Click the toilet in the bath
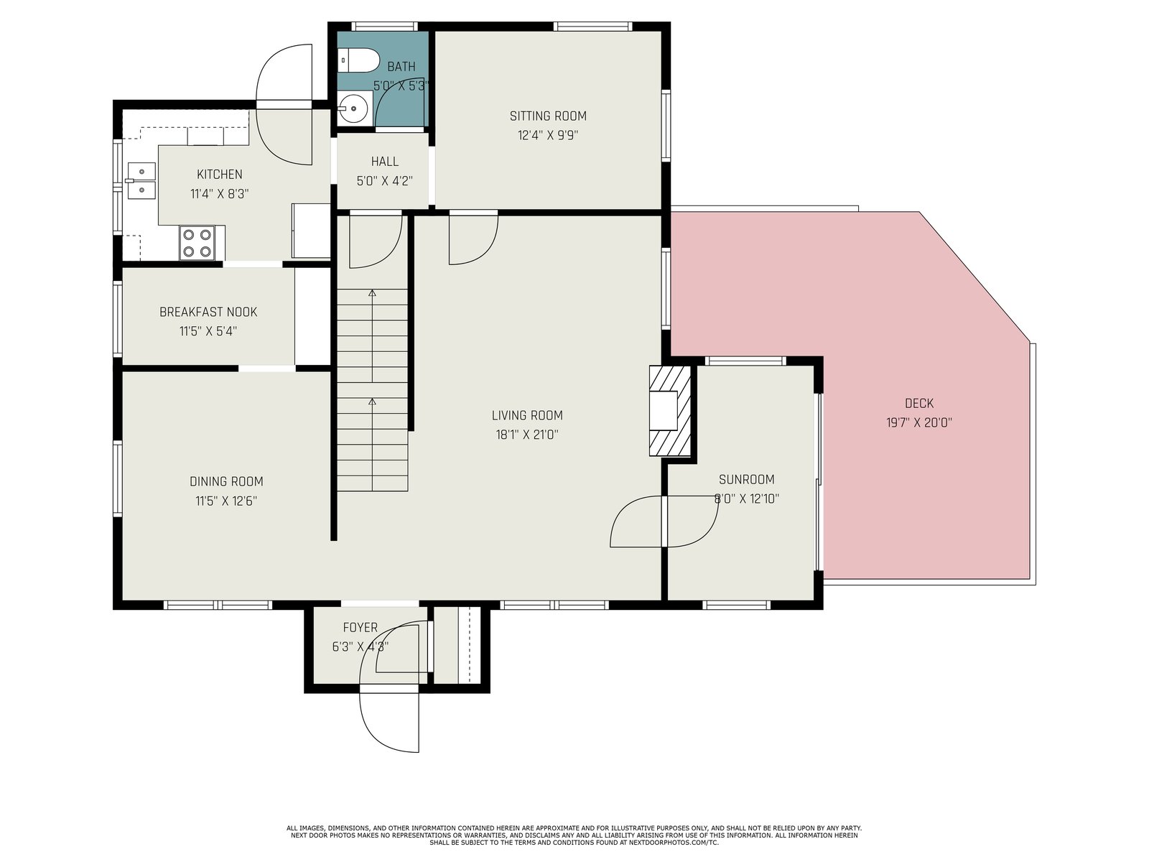(358, 61)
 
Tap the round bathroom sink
(353, 108)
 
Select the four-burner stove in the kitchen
(197, 244)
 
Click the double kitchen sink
(141, 180)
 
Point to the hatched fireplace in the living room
(670, 412)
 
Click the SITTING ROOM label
(548, 116)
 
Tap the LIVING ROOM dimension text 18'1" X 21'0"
(527, 435)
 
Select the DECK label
(919, 404)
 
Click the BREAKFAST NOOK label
(208, 312)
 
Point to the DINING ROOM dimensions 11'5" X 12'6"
(226, 501)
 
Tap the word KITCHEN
(219, 175)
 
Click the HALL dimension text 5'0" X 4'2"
(385, 182)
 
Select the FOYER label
(360, 628)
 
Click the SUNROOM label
(746, 479)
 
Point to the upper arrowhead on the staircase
(372, 293)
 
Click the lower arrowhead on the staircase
(372, 402)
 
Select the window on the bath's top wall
(384, 26)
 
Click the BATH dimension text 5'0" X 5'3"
(401, 85)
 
